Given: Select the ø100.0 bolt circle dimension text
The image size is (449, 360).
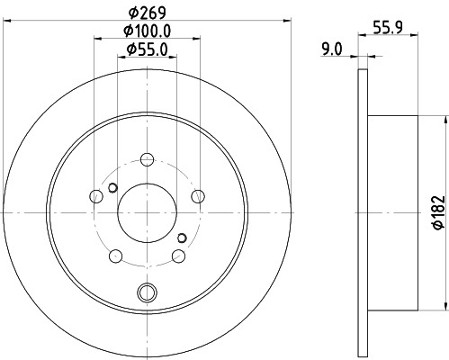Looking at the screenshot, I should click(x=148, y=31).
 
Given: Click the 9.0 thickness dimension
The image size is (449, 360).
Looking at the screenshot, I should click(x=332, y=51).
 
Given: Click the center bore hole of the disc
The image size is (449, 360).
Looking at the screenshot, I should click(x=147, y=211).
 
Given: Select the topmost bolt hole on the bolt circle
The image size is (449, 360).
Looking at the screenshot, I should click(x=147, y=158).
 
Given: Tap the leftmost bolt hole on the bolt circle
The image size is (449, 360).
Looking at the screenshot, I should click(x=96, y=195).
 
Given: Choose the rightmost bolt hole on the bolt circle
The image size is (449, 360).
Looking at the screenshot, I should click(x=198, y=195).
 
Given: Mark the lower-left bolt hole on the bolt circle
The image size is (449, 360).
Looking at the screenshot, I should click(x=115, y=255).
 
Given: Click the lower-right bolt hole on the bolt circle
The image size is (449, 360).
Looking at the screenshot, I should click(x=178, y=255).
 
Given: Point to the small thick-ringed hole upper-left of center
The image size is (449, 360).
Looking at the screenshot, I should click(x=112, y=187).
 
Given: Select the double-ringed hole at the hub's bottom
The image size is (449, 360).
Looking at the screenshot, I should click(x=147, y=291).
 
